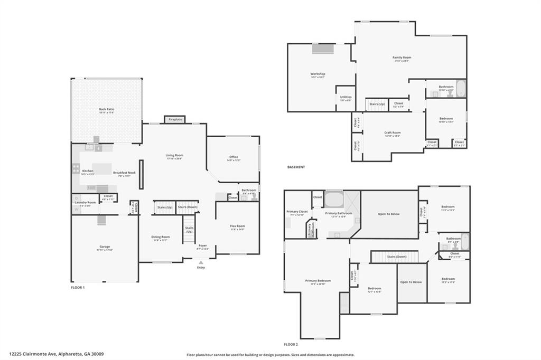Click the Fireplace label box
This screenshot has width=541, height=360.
click(x=175, y=120)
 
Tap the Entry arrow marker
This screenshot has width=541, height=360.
click(x=201, y=262)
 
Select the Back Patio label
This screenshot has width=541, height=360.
click(x=106, y=109)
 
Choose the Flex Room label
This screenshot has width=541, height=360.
click(x=237, y=226)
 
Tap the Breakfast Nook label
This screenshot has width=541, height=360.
click(x=124, y=173)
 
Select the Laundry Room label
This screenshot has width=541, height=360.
click(x=85, y=202)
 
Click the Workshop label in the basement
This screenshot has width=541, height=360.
click(x=318, y=74)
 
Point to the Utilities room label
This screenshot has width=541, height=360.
click(x=346, y=97)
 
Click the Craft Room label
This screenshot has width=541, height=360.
click(x=392, y=132)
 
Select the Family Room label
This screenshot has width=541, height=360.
click(x=402, y=58)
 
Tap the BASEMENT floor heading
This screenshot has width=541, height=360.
click(x=296, y=167)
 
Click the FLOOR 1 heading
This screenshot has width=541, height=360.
click(x=78, y=288)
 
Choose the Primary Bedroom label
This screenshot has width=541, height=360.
click(x=318, y=281)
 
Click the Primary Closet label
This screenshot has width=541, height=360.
click(x=296, y=212)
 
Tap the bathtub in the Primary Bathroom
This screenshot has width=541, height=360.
click(x=333, y=200)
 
